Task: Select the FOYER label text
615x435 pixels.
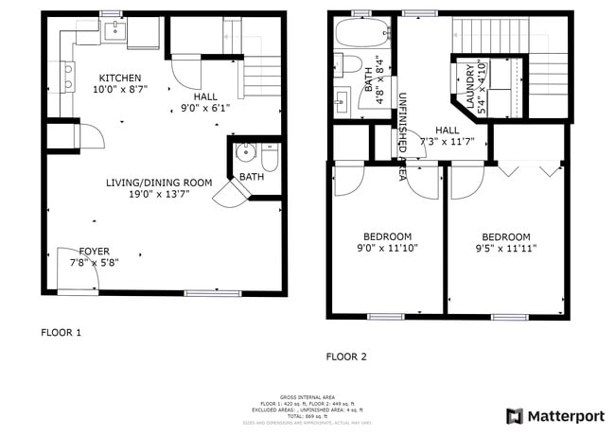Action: point(94,252)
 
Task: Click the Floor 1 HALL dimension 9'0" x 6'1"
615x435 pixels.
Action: point(205,108)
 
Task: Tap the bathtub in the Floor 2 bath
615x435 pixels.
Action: point(361,34)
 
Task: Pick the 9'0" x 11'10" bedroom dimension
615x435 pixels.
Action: point(386,249)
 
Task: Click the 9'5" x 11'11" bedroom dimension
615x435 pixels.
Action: point(505,249)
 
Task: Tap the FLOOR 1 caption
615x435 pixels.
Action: point(61,333)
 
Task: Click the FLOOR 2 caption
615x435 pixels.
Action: point(346,357)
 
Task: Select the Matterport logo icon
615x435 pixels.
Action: point(515,415)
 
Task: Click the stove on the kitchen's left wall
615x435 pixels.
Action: point(67,76)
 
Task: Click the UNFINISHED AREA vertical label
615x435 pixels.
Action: point(403,137)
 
